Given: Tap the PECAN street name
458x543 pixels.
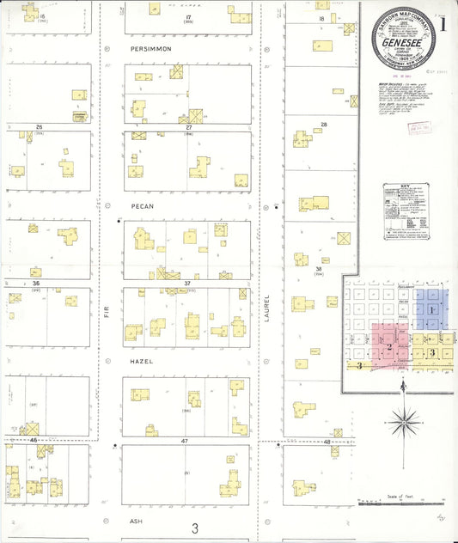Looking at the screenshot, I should (142, 206).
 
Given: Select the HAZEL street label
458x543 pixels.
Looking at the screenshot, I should (142, 362).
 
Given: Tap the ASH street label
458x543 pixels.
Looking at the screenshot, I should (135, 521).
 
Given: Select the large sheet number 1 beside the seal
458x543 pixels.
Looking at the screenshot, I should (443, 24).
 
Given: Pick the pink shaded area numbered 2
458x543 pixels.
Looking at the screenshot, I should (388, 345).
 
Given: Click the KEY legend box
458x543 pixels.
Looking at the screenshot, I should (406, 209).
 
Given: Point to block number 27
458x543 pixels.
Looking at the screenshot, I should (187, 126).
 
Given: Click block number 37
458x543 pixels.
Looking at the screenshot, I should (186, 282).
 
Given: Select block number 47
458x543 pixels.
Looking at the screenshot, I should (184, 440).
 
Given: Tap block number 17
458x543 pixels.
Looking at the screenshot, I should (186, 17).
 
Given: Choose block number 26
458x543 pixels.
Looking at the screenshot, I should (39, 127).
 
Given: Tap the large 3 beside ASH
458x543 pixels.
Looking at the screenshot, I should (195, 528).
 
